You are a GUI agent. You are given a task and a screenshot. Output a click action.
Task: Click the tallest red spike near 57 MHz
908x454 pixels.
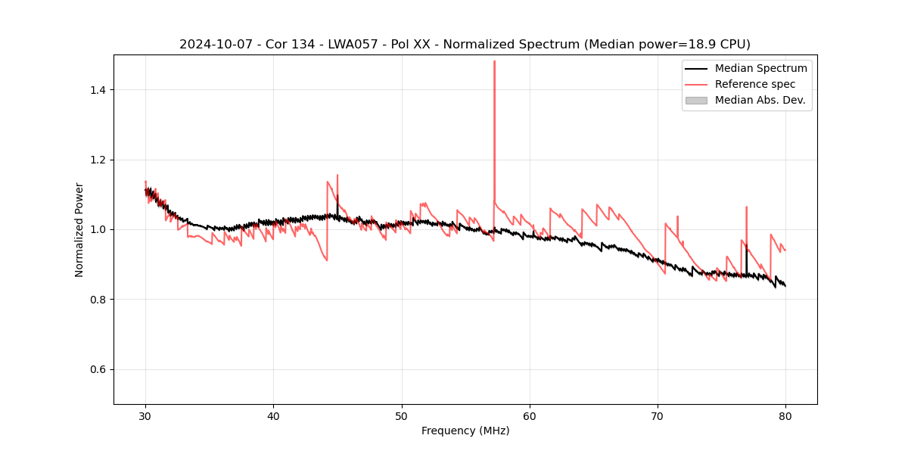click(x=494, y=62)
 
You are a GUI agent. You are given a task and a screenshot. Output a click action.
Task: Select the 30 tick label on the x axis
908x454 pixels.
click(x=145, y=415)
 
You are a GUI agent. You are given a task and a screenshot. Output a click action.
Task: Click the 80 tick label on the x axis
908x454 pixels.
click(x=785, y=415)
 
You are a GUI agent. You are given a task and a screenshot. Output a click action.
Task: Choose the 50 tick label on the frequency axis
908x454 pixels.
click(x=402, y=415)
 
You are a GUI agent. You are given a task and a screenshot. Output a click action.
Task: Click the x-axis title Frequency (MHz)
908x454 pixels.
click(x=465, y=431)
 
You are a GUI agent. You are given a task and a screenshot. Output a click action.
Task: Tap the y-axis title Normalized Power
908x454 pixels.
click(x=79, y=229)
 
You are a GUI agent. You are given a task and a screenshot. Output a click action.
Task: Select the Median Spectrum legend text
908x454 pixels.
click(x=760, y=68)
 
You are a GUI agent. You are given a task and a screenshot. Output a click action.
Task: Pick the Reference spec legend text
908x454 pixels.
click(x=757, y=84)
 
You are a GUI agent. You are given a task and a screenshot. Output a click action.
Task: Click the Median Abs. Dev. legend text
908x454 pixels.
click(x=760, y=100)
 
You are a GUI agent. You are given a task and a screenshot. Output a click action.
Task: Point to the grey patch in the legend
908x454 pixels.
click(x=696, y=100)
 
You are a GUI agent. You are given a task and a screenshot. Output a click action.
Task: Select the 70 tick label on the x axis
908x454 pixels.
click(x=658, y=415)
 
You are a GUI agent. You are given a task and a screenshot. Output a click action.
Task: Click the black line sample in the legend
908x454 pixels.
click(x=696, y=68)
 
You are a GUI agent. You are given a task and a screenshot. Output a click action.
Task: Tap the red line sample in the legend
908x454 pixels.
click(x=696, y=84)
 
